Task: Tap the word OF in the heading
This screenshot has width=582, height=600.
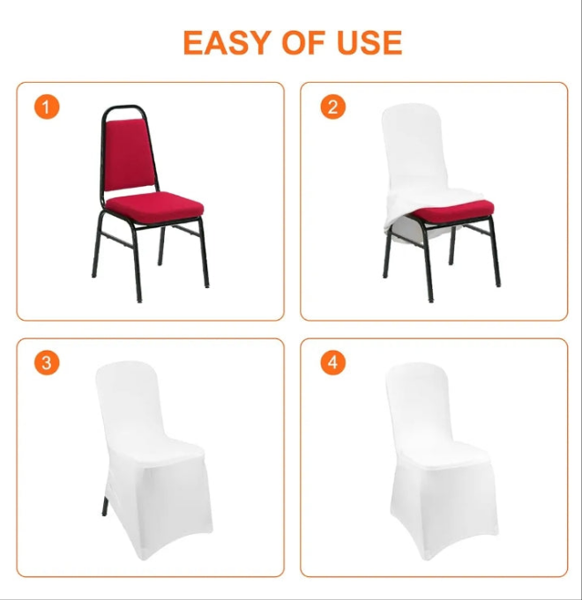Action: (x=303, y=42)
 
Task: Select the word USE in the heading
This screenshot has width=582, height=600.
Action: (x=369, y=42)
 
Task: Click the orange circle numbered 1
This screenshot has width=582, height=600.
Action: (x=47, y=107)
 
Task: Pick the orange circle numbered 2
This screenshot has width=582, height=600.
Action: (x=332, y=107)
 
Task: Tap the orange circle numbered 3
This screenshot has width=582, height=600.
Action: (x=47, y=363)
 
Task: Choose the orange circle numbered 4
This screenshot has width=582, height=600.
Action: (x=332, y=363)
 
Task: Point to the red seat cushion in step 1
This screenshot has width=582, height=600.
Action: (x=154, y=210)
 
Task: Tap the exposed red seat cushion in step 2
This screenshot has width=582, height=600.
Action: (x=454, y=211)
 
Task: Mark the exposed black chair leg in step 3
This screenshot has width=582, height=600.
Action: (x=105, y=506)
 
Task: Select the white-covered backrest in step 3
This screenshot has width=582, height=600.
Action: (x=130, y=400)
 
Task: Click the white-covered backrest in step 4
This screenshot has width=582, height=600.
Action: (x=419, y=402)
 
